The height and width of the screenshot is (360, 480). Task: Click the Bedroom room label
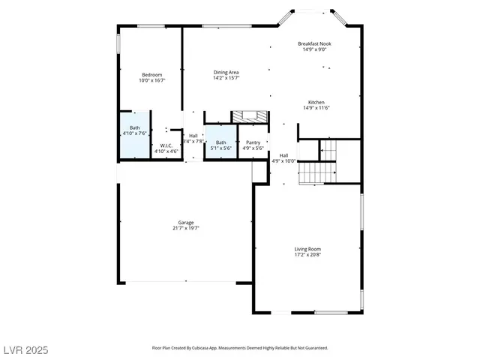[x=152, y=74]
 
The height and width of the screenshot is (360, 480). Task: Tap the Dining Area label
[x=226, y=72]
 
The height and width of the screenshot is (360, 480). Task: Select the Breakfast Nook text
[x=314, y=43]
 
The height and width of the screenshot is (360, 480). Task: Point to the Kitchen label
[x=316, y=102]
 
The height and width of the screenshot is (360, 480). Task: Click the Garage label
[x=186, y=222]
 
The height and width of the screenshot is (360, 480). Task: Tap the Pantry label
[x=253, y=142]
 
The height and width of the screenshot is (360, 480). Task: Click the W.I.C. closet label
[x=166, y=145]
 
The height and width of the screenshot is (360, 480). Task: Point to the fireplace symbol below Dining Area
[x=248, y=116]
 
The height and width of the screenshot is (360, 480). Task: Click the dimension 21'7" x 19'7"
[x=186, y=228]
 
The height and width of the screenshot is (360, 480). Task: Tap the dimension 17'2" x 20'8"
[x=307, y=255]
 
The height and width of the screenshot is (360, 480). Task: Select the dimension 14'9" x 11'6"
[x=316, y=108]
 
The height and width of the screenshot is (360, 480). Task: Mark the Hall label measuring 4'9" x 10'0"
[x=283, y=155]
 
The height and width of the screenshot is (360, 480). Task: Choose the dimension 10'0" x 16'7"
[x=152, y=80]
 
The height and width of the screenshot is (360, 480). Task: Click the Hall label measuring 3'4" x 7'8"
[x=193, y=136]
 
